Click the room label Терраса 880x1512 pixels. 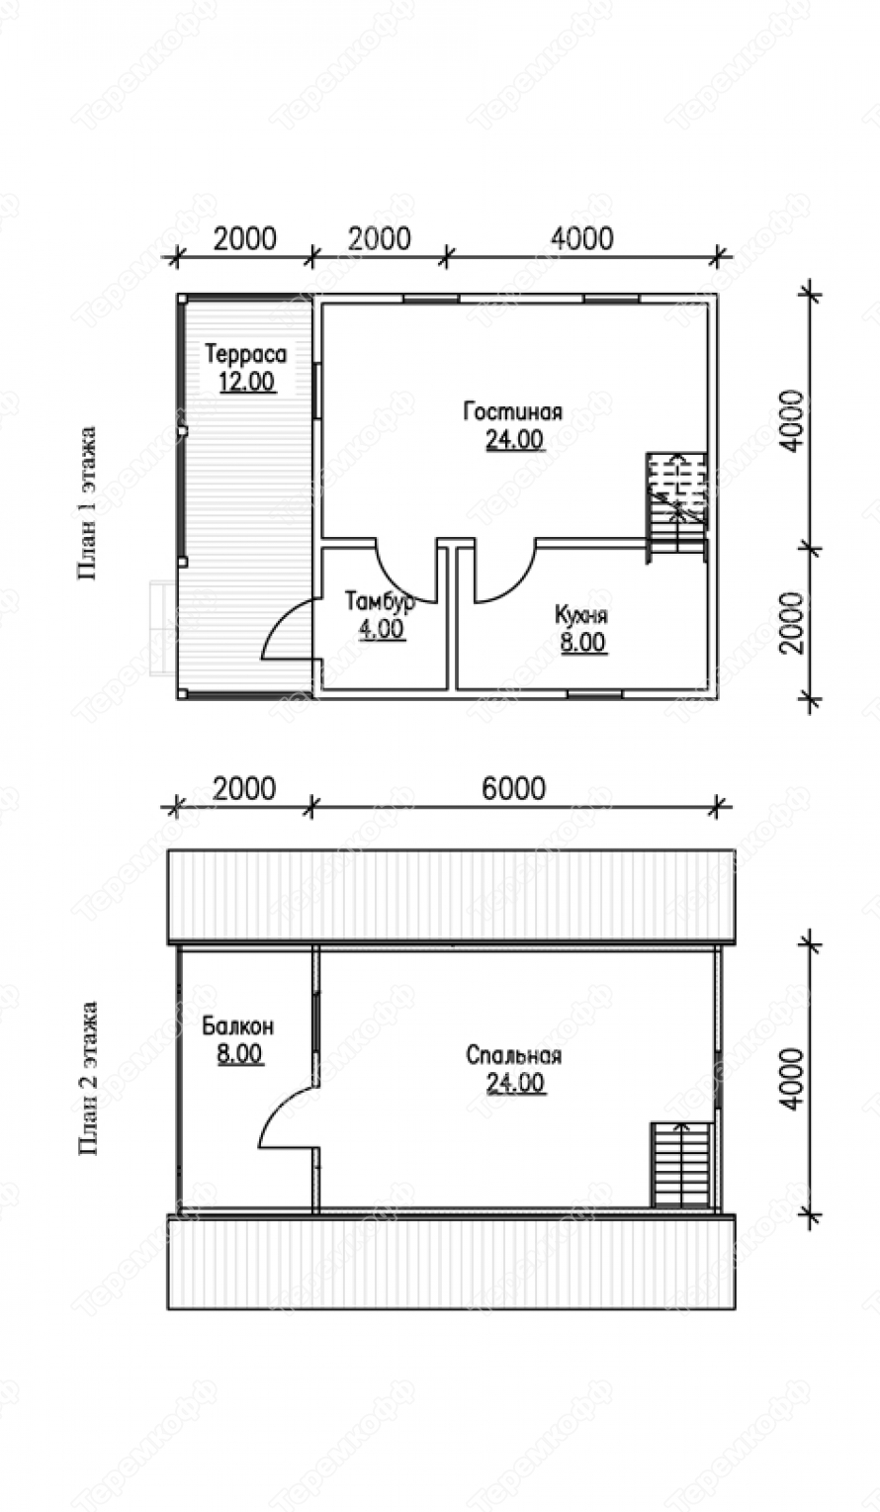click(245, 354)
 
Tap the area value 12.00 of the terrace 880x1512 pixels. click(247, 382)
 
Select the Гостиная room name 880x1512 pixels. click(513, 411)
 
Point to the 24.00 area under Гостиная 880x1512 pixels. click(514, 439)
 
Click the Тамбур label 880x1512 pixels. click(381, 601)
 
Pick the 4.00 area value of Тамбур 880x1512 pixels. click(382, 629)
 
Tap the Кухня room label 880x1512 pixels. click(581, 615)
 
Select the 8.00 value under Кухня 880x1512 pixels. click(583, 643)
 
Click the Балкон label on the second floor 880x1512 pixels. click(238, 1026)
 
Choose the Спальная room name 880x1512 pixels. click(513, 1055)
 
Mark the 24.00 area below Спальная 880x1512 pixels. click(515, 1083)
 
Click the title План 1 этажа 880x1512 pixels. click(88, 503)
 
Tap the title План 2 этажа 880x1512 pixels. click(88, 1079)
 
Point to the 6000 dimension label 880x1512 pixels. click(514, 788)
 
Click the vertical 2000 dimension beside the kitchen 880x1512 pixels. click(793, 622)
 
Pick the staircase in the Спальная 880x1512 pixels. click(682, 1164)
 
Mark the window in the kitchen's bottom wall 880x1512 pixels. click(594, 693)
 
